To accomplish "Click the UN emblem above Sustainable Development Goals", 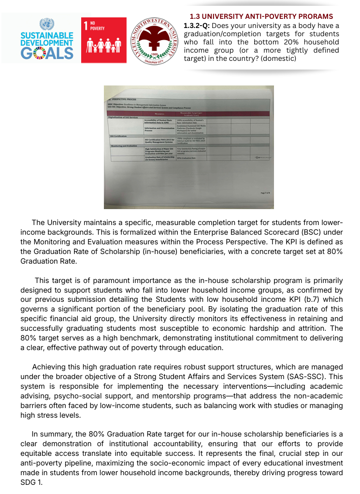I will pyautogui.click(x=47, y=24).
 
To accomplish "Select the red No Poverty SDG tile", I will pyautogui.click(x=103, y=40).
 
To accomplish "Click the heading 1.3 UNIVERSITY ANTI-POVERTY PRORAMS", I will pyautogui.click(x=261, y=16).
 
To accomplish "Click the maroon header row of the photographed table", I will pyautogui.click(x=188, y=113).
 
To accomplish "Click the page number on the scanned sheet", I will pyautogui.click(x=264, y=193).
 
